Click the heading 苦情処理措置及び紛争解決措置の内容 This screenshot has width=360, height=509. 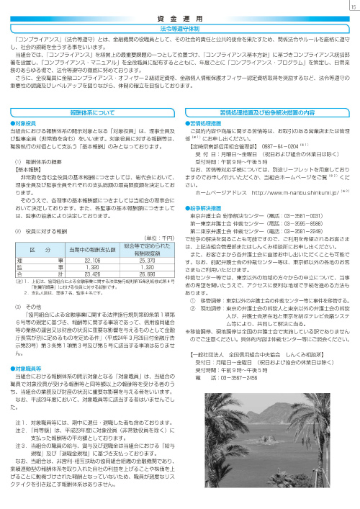(269, 113)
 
